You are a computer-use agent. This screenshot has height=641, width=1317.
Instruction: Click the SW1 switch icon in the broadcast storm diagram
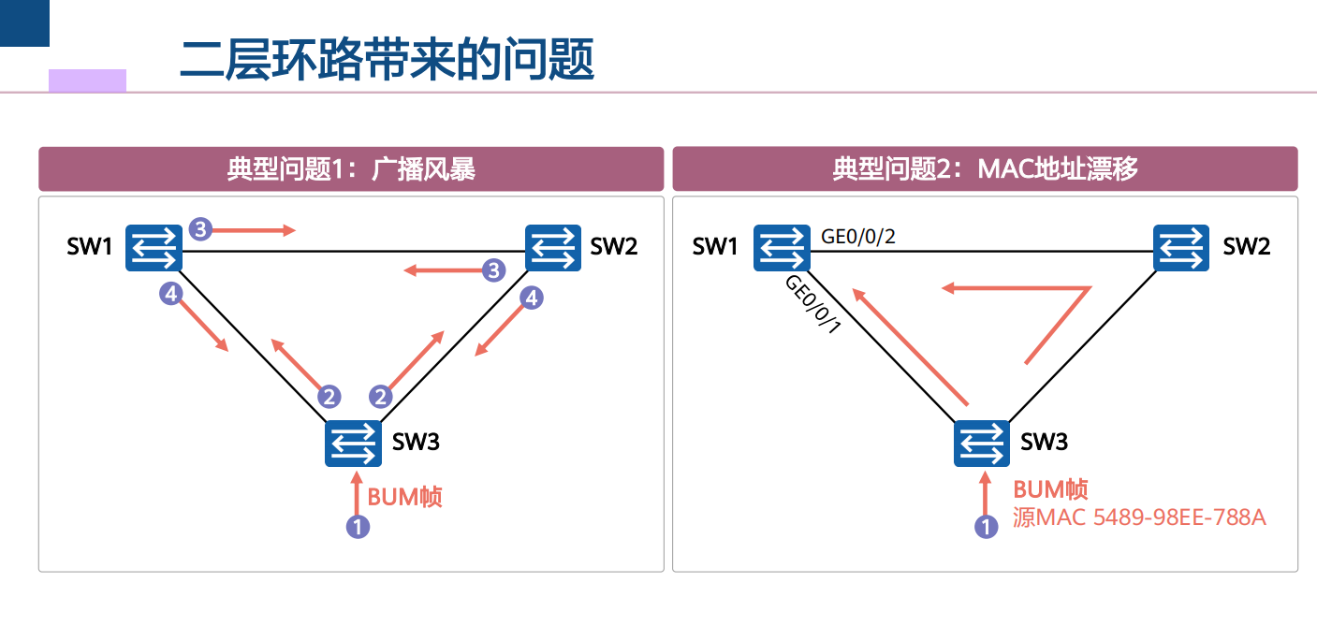154,248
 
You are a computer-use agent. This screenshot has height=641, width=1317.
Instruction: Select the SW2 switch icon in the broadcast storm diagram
553,248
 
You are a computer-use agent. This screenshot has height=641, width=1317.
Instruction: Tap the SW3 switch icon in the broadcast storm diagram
354,444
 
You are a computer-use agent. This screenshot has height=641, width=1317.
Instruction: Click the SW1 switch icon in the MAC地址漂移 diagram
782,248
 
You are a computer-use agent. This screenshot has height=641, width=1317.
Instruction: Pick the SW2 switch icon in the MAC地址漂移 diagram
1181,248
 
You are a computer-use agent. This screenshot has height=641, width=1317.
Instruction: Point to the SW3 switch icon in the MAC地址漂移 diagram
982,444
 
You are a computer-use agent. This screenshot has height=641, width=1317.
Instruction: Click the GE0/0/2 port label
857,237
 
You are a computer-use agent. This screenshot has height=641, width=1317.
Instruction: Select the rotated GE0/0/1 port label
813,304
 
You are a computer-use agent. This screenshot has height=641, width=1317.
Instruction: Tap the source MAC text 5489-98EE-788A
1179,517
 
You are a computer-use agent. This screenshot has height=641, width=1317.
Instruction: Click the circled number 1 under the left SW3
359,527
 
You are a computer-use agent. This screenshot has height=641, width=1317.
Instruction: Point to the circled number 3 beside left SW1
200,229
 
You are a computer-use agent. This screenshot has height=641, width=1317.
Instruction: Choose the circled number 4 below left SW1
171,294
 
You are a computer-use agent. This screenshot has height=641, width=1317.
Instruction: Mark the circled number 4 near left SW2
532,298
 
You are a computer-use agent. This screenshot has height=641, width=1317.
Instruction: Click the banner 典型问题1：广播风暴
351,169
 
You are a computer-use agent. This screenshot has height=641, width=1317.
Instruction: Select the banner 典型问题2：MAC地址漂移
985,169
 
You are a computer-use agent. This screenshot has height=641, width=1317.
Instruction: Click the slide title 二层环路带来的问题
387,59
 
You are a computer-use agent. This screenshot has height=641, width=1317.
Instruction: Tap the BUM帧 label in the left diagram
404,497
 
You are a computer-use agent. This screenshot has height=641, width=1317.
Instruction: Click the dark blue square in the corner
24,22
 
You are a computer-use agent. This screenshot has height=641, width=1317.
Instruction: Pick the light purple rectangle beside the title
88,81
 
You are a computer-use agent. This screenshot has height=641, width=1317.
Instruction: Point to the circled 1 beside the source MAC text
987,527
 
